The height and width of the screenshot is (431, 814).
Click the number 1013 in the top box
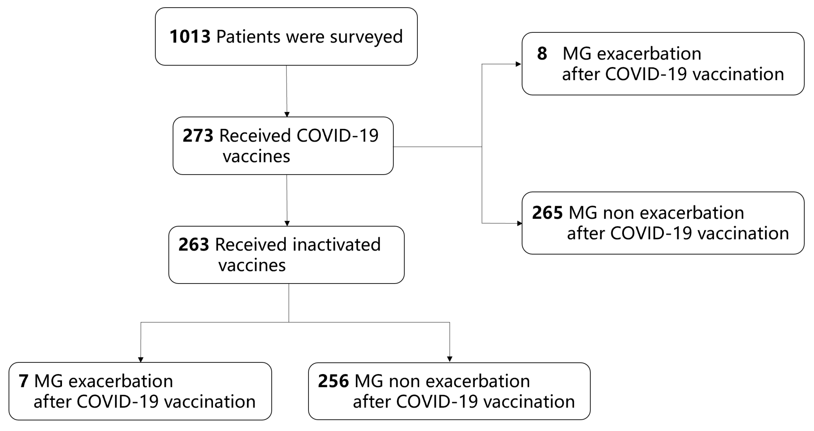[190, 37]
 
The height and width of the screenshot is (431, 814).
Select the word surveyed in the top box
[366, 37]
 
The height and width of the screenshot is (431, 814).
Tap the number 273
[198, 136]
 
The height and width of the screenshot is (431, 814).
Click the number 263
[193, 245]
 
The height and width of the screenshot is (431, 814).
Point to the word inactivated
[337, 245]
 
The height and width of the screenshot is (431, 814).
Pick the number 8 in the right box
[542, 54]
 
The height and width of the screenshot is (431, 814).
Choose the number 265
[547, 213]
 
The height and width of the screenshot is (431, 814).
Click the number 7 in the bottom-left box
[24, 381]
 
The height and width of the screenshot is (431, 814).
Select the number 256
[333, 381]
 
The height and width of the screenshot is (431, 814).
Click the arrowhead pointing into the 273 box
[287, 114]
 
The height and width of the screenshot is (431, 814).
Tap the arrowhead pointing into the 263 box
[287, 223]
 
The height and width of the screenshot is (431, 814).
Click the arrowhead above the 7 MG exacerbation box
[141, 359]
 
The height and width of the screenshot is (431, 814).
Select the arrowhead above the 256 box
[450, 359]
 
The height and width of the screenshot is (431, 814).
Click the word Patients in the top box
[248, 37]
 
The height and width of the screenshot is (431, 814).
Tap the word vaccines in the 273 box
[256, 156]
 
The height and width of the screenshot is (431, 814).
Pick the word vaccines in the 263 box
[252, 265]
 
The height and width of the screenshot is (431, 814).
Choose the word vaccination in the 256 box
[529, 402]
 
